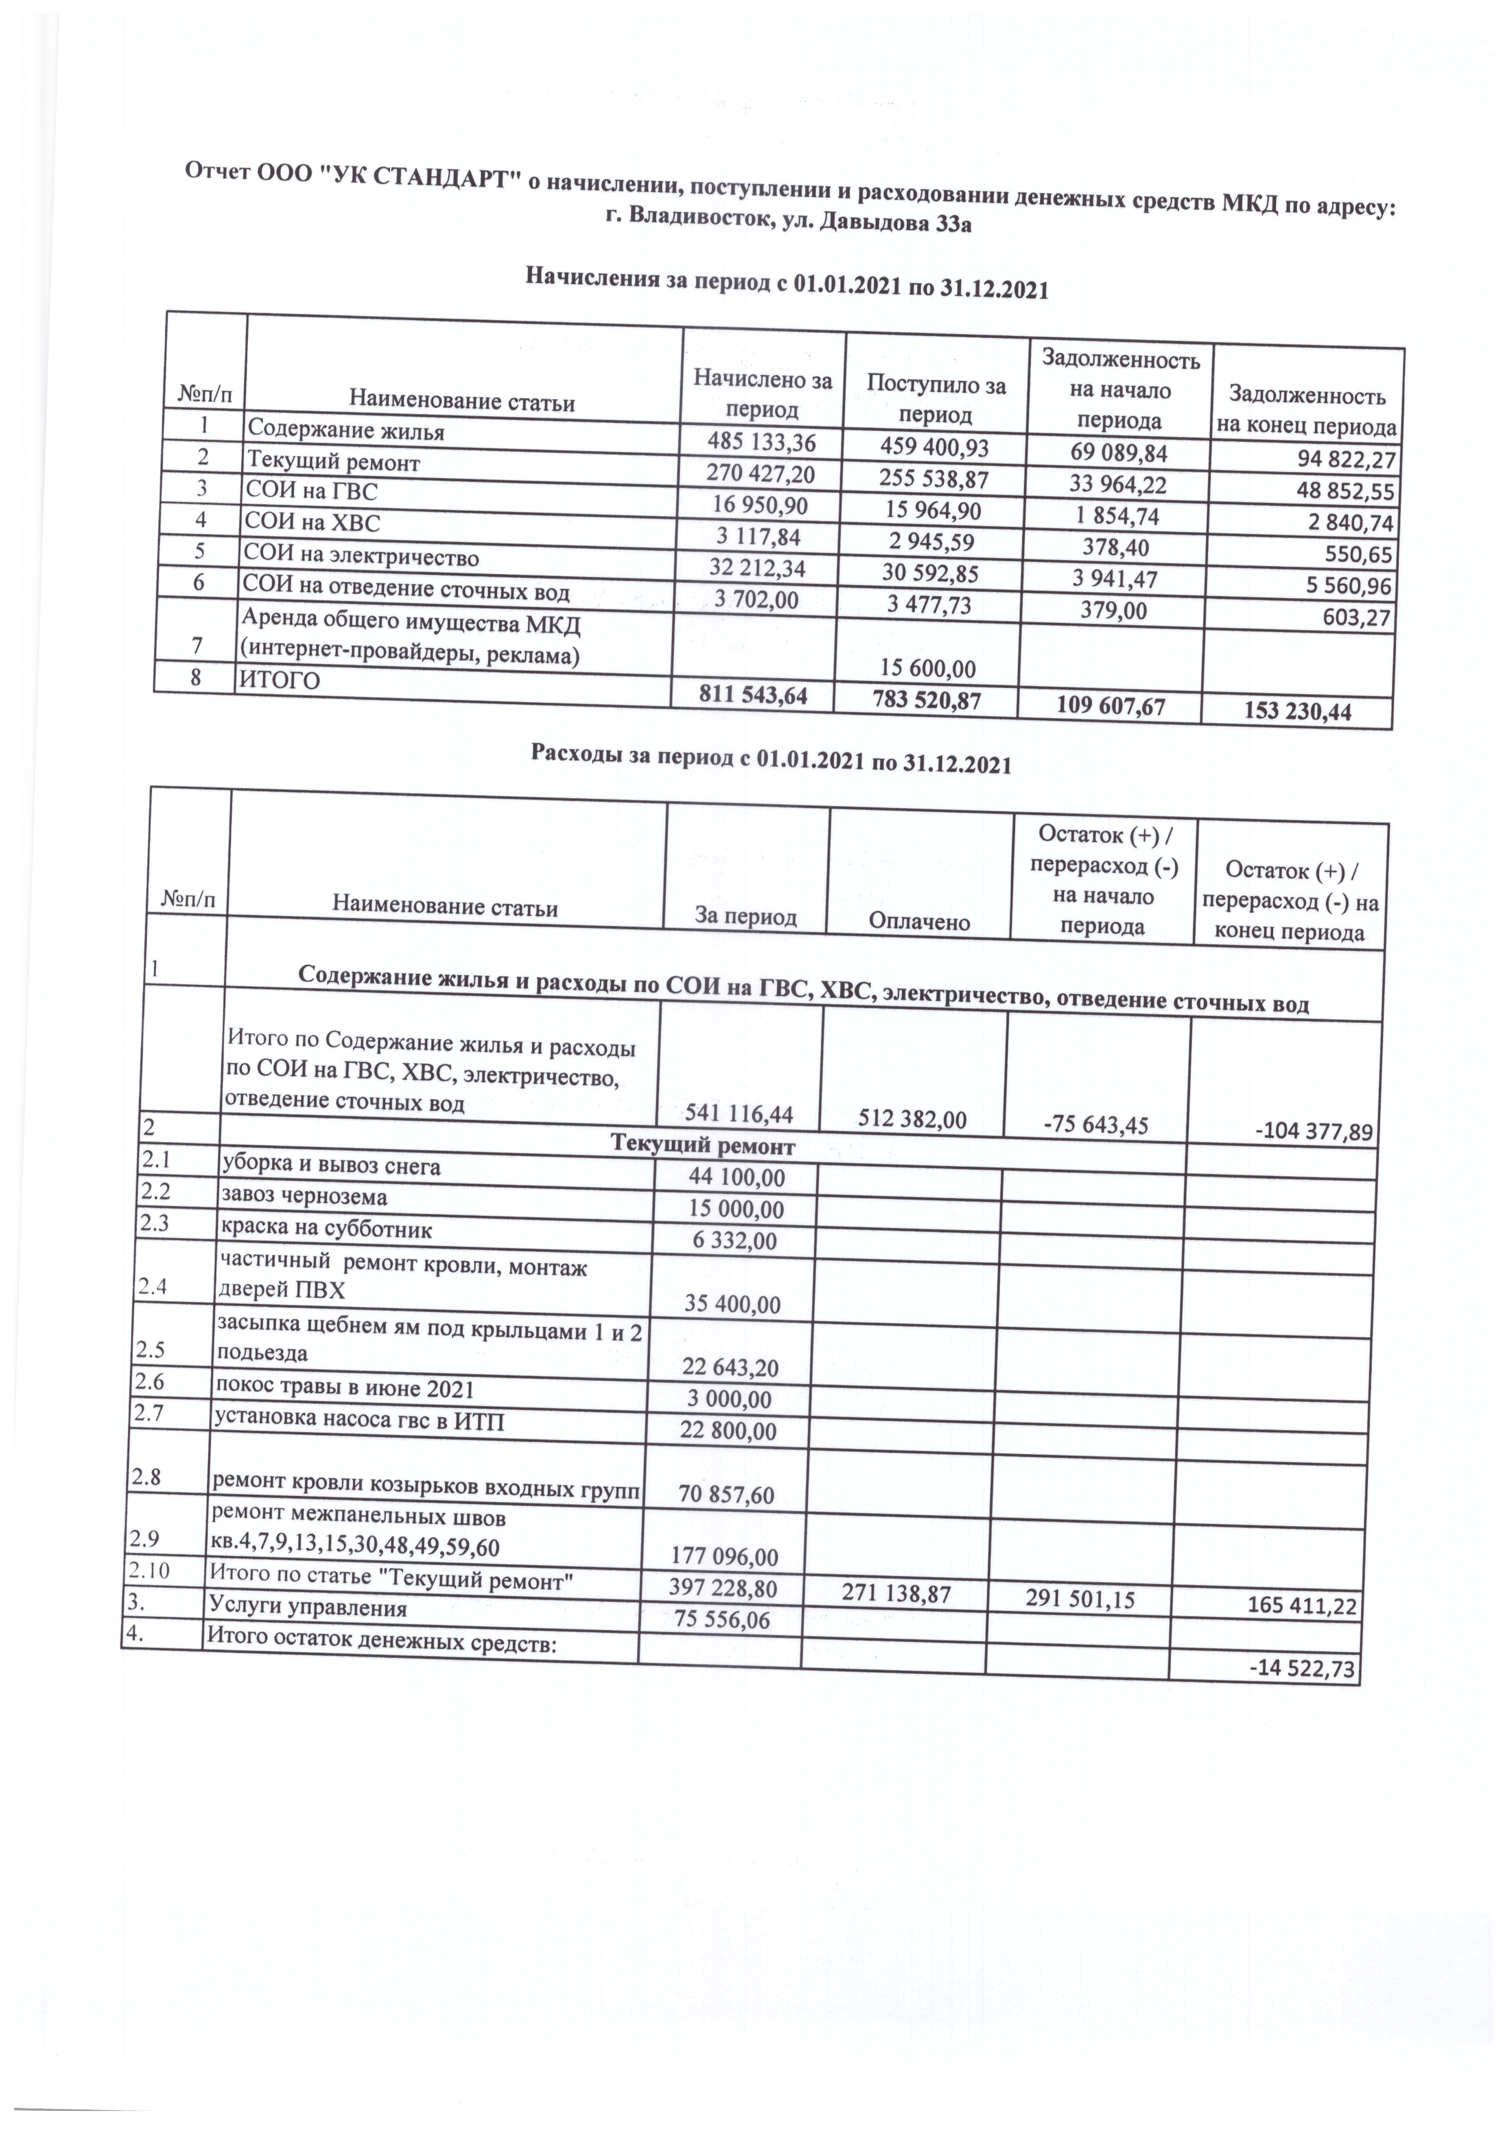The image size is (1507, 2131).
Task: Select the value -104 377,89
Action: (1308, 1132)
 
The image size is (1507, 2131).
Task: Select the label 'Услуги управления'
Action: (308, 1608)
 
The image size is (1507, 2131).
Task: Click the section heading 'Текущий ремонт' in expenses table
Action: (702, 1146)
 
